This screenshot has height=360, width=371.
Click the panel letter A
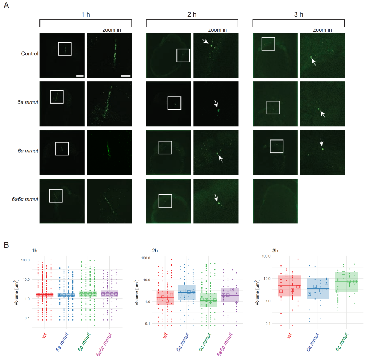click(x=6, y=7)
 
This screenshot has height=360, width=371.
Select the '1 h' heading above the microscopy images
click(x=86, y=15)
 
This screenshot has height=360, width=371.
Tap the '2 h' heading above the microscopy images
click(x=192, y=15)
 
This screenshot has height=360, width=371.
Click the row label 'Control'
click(x=30, y=54)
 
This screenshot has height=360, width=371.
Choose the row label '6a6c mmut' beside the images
click(x=25, y=199)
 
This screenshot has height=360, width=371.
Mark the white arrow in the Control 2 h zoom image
click(x=205, y=42)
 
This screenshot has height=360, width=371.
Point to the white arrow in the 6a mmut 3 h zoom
click(x=322, y=114)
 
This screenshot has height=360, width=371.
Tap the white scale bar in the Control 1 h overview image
click(x=80, y=76)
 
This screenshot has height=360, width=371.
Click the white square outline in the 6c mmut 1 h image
click(x=62, y=148)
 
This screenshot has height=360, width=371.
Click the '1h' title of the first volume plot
click(x=34, y=250)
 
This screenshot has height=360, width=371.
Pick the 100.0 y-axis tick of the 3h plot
click(x=266, y=256)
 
